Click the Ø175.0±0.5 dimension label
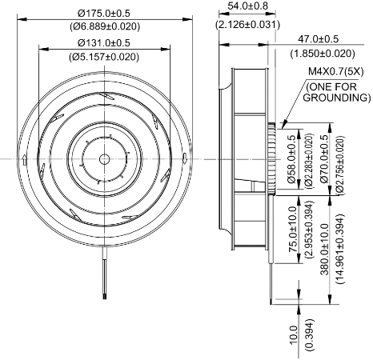point(104,13)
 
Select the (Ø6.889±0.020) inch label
point(105,26)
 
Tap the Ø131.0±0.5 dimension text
point(104,42)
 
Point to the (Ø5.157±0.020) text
point(104,57)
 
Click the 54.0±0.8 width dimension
point(247,6)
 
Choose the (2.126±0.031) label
point(247,25)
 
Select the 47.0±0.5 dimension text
point(318,39)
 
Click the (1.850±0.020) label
point(323,54)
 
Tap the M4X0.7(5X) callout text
point(336,72)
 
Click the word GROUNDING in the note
point(337,98)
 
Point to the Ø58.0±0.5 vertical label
point(291,159)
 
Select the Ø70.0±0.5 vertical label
point(325,159)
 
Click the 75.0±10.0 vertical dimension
point(293,229)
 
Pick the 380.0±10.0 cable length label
point(324,250)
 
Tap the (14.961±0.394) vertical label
point(339,249)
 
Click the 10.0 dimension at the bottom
point(293,335)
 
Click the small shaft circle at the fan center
point(104,159)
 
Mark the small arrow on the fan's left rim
point(24,160)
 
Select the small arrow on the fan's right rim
point(184,158)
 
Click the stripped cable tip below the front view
point(104,296)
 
